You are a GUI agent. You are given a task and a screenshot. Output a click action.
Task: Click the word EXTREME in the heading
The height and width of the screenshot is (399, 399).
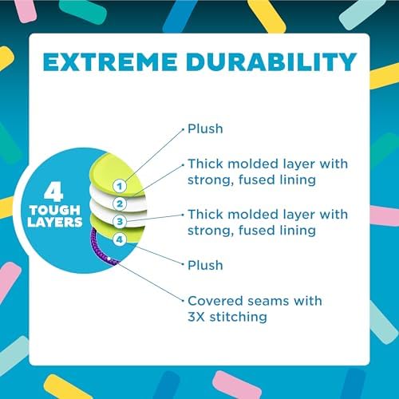tap(110, 62)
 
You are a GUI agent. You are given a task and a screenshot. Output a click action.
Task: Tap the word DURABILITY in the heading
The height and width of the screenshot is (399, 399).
tap(271, 62)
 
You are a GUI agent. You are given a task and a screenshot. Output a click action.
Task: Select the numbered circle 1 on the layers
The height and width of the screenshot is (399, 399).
tap(120, 186)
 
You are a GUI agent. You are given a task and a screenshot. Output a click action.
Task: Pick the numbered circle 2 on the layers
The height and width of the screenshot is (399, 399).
tap(120, 204)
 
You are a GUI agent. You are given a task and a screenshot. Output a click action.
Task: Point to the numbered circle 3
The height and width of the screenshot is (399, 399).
tap(120, 222)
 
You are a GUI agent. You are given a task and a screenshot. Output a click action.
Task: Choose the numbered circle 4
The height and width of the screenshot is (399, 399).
tap(120, 239)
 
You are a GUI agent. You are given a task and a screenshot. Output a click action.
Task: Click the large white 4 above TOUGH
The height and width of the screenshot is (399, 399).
tap(53, 192)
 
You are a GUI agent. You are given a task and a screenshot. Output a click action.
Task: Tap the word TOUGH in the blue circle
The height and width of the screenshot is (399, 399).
tap(55, 210)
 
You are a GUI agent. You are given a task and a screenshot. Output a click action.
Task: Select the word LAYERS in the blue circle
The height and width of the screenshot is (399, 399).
tap(55, 222)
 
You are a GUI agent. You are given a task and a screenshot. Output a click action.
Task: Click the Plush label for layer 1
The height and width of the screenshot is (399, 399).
tap(205, 129)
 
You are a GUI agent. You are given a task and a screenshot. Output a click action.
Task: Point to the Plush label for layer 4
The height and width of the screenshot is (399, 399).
tap(205, 266)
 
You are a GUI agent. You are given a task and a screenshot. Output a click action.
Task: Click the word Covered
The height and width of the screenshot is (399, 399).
tap(215, 301)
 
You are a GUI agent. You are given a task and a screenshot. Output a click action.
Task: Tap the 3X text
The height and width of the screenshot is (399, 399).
tap(196, 317)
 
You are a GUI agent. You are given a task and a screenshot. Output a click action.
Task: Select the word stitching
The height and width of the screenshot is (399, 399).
tap(239, 317)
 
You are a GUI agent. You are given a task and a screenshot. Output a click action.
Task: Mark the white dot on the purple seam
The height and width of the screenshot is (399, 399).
tap(109, 259)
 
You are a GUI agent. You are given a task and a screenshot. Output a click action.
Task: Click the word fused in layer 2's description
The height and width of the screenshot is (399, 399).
tap(256, 180)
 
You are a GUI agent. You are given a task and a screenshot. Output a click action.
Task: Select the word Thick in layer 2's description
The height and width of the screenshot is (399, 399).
tap(206, 164)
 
